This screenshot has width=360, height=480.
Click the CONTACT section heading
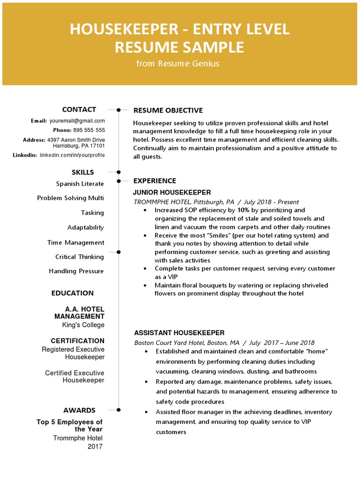79,110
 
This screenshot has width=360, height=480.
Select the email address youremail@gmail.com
77,121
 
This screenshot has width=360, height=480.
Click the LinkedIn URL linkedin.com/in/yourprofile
72,155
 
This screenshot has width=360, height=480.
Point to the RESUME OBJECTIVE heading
168,111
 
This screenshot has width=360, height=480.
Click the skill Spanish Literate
80,184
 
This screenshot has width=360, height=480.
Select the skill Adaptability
85,227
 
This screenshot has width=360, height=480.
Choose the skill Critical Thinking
79,257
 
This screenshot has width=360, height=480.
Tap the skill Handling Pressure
76,271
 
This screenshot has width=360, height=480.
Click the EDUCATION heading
72,293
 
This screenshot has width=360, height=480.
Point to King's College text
83,325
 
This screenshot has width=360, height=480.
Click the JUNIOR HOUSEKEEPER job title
172,193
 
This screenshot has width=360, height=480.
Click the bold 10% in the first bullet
243,210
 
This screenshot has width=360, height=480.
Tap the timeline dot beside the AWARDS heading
119,410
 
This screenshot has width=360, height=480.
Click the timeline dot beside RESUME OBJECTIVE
119,110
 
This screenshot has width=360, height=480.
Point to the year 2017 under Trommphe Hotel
95,447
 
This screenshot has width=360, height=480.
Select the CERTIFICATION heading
77,341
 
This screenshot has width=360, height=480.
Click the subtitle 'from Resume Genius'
178,64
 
